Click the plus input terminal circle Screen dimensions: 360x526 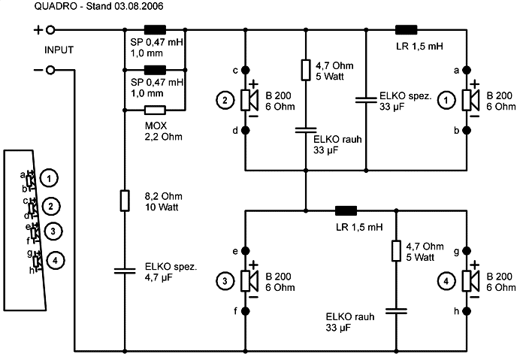click(x=50, y=31)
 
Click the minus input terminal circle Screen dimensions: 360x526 click(x=50, y=70)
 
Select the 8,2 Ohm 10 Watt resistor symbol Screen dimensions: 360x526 click(x=125, y=201)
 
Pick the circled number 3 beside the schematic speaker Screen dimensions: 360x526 click(x=223, y=280)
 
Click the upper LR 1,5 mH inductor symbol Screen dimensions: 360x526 click(x=406, y=31)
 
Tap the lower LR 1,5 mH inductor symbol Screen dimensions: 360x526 click(x=346, y=210)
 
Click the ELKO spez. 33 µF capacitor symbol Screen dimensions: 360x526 click(x=365, y=99)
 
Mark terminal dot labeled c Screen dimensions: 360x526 click(x=245, y=71)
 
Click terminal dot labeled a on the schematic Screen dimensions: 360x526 click(x=468, y=71)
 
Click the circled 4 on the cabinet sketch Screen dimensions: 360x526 click(x=56, y=261)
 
